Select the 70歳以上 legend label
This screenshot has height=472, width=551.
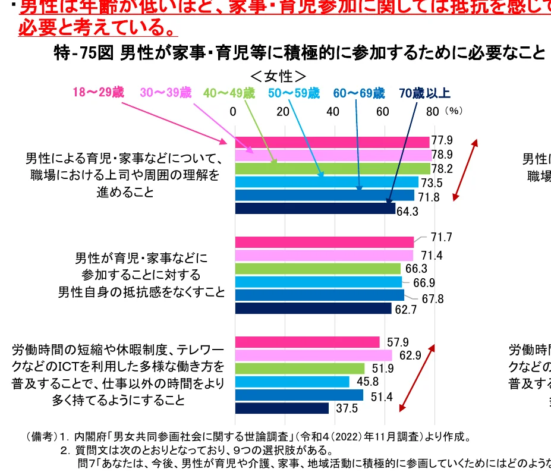424,93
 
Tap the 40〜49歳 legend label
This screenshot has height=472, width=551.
229,93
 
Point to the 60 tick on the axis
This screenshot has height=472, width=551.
383,111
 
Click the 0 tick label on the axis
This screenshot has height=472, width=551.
232,111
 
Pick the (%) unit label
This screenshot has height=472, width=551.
454,111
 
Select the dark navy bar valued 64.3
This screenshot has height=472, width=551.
315,209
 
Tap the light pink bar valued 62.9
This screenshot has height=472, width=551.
314,355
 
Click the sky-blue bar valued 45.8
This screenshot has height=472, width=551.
292,382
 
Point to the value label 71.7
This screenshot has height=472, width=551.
442,238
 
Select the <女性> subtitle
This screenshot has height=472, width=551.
278,76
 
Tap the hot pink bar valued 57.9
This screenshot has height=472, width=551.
307,342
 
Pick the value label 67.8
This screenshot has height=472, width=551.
433,299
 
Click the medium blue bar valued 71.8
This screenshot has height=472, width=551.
325,196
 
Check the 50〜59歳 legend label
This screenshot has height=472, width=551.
294,93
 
